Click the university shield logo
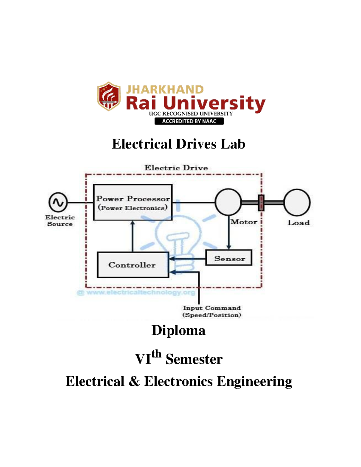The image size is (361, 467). [109, 96]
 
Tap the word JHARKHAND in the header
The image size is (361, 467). [165, 89]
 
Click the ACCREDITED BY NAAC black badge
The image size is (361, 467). [189, 121]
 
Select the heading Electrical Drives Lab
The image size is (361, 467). [178, 144]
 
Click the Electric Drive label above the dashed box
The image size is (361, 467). [176, 168]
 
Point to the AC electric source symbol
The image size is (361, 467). [58, 202]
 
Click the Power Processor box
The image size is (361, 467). [133, 202]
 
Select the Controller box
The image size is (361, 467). [133, 265]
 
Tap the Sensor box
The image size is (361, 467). [229, 258]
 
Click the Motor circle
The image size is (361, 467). [228, 202]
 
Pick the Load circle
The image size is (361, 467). [297, 202]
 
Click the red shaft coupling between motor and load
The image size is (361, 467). [261, 203]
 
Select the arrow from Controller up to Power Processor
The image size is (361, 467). [133, 236]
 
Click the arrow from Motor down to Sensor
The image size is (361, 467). [229, 233]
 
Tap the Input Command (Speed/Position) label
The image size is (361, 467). [212, 312]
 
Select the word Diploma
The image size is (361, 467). [178, 330]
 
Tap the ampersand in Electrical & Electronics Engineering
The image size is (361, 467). [134, 381]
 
